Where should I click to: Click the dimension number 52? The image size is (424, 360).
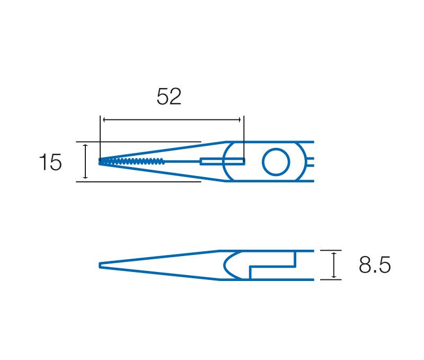coord(169,96)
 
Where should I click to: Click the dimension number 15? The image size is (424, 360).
coord(50,162)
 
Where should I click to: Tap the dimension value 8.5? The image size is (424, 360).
coord(375,265)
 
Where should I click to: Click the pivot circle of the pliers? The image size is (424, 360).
coord(276,162)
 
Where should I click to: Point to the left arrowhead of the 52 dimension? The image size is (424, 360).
coord(104,119)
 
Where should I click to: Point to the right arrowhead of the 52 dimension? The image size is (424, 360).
coord(239,119)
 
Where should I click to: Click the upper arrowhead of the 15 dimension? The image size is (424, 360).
coord(85,146)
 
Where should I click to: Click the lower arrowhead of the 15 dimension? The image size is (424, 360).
coord(85,177)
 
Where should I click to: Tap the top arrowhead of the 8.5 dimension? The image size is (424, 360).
coord(334,254)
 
